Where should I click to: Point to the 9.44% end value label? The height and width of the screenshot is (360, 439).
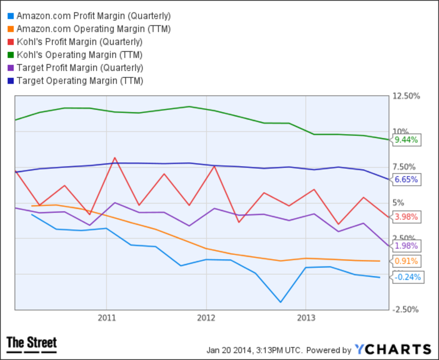pos(406,140)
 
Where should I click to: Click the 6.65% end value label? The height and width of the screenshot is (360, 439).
pos(406,179)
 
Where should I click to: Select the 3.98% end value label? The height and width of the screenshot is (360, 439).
pos(406,217)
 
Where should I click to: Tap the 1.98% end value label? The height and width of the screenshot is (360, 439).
pos(406,246)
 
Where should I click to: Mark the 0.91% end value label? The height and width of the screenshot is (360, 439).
pos(406,261)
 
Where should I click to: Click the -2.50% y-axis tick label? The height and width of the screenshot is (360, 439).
pos(406,310)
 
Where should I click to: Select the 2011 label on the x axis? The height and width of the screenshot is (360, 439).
pos(106,318)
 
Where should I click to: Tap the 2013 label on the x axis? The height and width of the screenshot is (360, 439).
pos(306,318)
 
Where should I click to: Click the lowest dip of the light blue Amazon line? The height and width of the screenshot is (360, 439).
pos(281,302)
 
